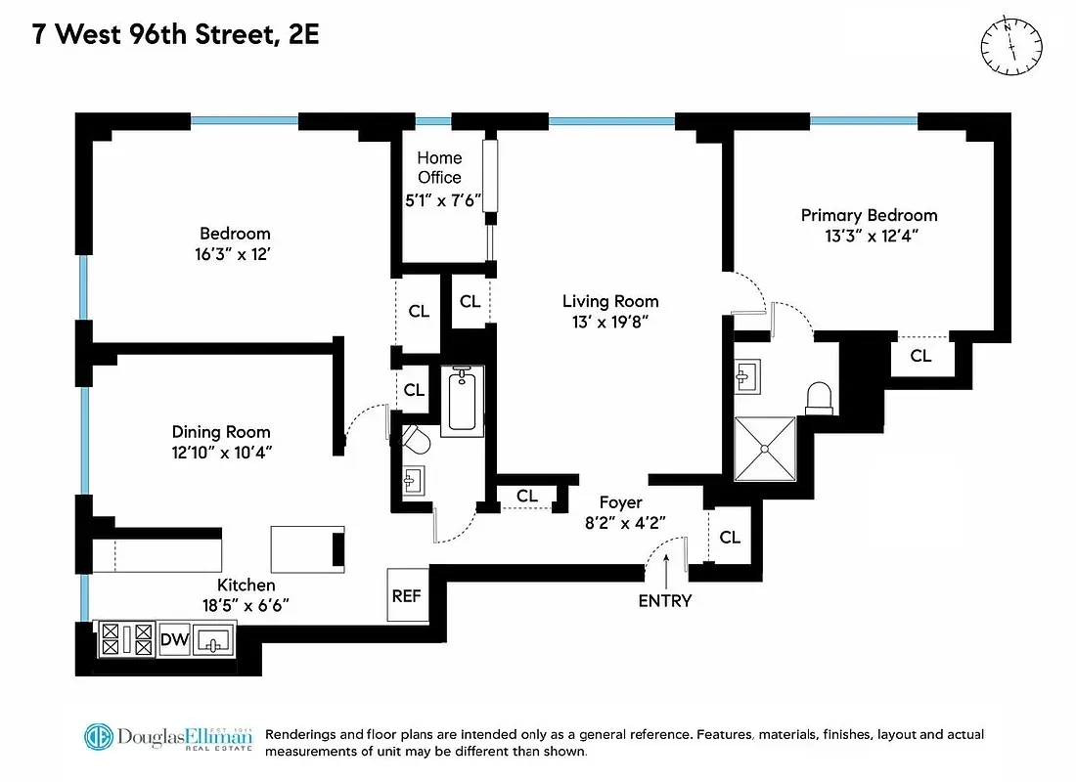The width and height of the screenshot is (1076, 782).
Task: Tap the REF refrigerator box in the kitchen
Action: tap(406, 594)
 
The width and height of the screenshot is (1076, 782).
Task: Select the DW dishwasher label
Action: tap(174, 640)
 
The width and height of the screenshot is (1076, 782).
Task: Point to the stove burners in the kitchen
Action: tap(124, 640)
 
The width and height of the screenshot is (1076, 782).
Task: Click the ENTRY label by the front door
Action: tap(665, 601)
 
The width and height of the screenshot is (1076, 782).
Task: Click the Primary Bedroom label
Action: tap(869, 215)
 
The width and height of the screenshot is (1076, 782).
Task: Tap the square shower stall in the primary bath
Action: tap(766, 449)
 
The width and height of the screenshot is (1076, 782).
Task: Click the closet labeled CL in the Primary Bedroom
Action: tap(920, 356)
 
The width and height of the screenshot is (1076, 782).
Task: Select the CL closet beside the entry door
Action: tap(730, 537)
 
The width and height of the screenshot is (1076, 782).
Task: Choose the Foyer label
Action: tap(620, 502)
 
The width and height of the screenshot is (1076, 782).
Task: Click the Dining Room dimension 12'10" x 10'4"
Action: tap(221, 454)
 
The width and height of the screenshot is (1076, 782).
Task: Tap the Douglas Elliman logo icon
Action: tap(99, 739)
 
